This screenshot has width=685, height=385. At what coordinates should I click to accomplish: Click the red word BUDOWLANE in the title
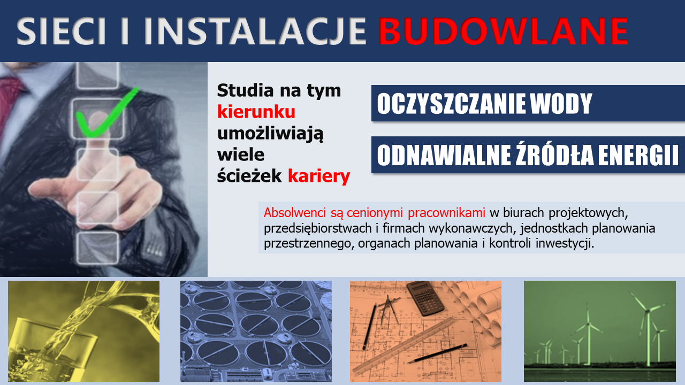(x=504, y=31)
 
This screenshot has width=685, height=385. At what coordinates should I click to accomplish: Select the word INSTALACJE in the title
(x=254, y=32)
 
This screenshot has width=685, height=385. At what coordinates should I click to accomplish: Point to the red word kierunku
(x=256, y=112)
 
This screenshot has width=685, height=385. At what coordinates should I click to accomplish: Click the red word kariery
(x=319, y=176)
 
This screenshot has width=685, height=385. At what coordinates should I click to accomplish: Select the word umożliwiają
(x=270, y=134)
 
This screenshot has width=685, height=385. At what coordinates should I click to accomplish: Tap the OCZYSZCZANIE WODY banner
(x=528, y=103)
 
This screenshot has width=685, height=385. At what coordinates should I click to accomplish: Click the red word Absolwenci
(x=295, y=213)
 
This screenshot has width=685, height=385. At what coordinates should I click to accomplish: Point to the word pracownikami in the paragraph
(x=446, y=213)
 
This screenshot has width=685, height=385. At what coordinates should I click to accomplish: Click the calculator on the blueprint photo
(x=425, y=298)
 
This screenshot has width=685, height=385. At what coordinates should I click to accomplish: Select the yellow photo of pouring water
(x=84, y=331)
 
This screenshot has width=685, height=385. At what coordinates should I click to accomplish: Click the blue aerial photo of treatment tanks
(x=256, y=331)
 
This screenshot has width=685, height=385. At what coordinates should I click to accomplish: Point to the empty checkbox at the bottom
(x=97, y=248)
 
